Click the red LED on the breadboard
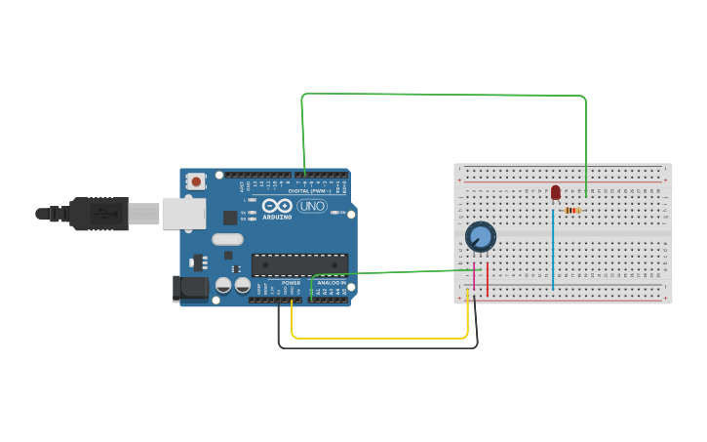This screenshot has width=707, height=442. point(556,192)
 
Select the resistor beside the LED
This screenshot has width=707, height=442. point(572,210)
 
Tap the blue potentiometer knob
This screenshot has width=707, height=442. point(480,236)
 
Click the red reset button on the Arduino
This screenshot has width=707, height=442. point(196,181)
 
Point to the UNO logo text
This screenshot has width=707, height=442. point(311,206)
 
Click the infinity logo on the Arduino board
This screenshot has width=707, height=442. point(277,205)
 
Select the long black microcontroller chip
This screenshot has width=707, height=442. point(299,264)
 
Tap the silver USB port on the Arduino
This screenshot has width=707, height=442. point(183,213)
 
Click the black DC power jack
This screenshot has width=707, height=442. point(190,287)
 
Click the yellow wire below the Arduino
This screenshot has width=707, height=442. point(380,339)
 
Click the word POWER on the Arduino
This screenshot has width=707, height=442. point(291,283)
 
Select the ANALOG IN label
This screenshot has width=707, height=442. point(331,283)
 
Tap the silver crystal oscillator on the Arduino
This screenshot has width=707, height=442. point(227,239)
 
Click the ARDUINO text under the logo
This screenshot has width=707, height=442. point(277,217)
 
